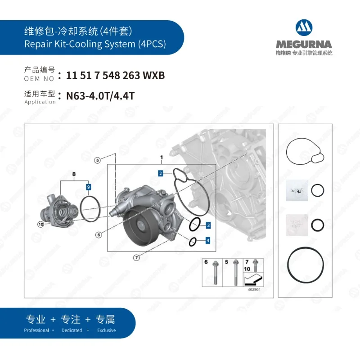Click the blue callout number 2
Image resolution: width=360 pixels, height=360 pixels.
[x=160, y=173]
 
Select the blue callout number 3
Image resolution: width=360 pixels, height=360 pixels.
[x=208, y=225]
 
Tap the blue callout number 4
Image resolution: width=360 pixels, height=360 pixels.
[x=207, y=241]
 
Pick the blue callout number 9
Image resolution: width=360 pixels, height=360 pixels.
[x=89, y=186]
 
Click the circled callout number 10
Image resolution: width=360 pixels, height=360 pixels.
[x=40, y=224]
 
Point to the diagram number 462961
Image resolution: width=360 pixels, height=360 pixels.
[x=254, y=290]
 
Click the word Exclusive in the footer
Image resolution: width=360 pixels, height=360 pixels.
[x=106, y=330]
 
